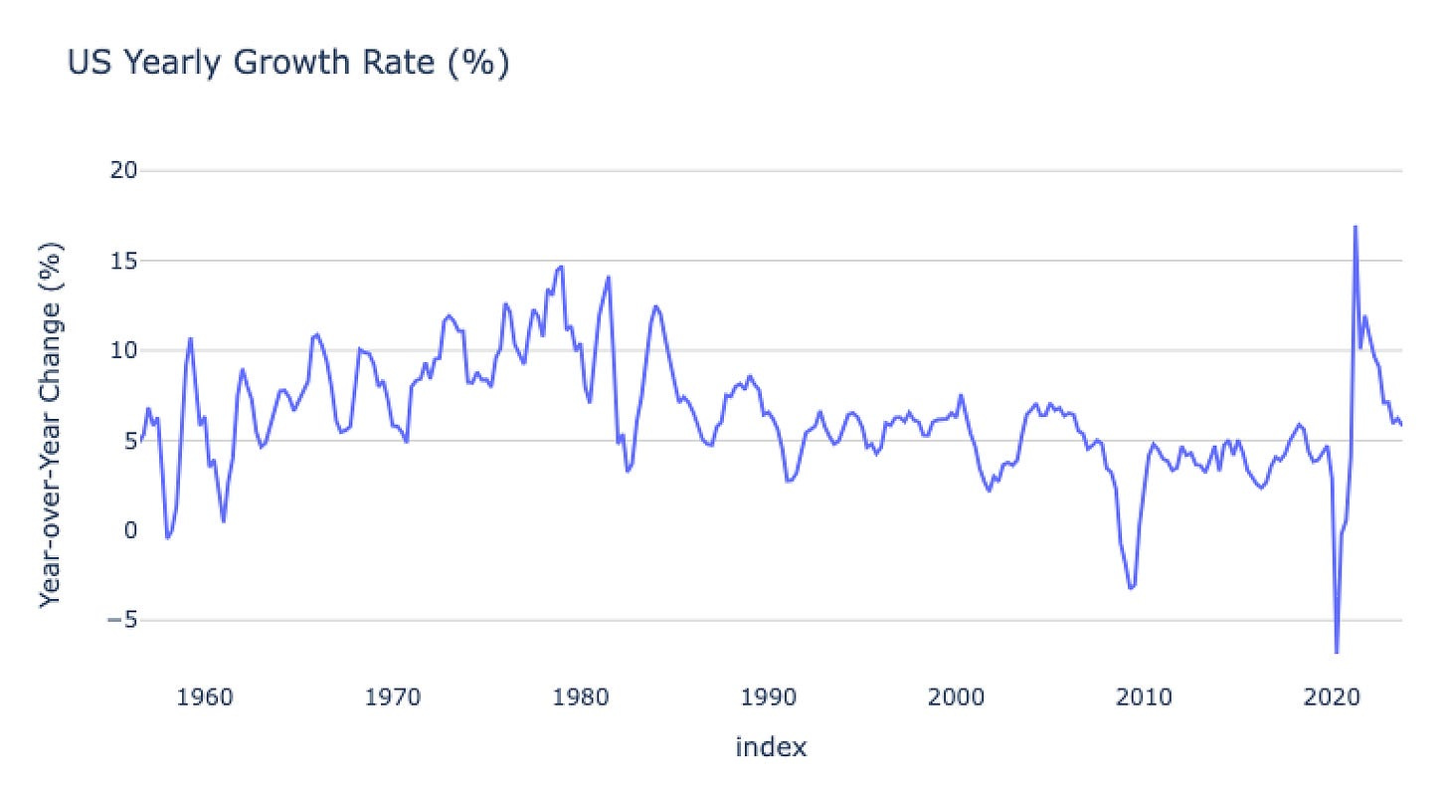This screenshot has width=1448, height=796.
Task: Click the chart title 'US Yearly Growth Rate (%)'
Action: (x=288, y=64)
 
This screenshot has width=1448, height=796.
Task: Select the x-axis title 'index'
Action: (x=771, y=747)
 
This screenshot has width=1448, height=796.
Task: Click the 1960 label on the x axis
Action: (x=205, y=695)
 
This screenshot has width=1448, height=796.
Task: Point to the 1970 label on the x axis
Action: (x=393, y=695)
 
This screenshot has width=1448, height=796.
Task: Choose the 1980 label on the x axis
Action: (x=581, y=695)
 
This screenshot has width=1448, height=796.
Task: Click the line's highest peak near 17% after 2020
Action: (x=1355, y=227)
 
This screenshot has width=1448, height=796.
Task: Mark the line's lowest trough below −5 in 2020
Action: (x=1337, y=652)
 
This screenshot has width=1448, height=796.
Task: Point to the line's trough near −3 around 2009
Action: (x=1131, y=588)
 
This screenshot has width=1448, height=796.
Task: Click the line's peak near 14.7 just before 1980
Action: (x=562, y=267)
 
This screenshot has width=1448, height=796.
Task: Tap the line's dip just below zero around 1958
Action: (x=167, y=538)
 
